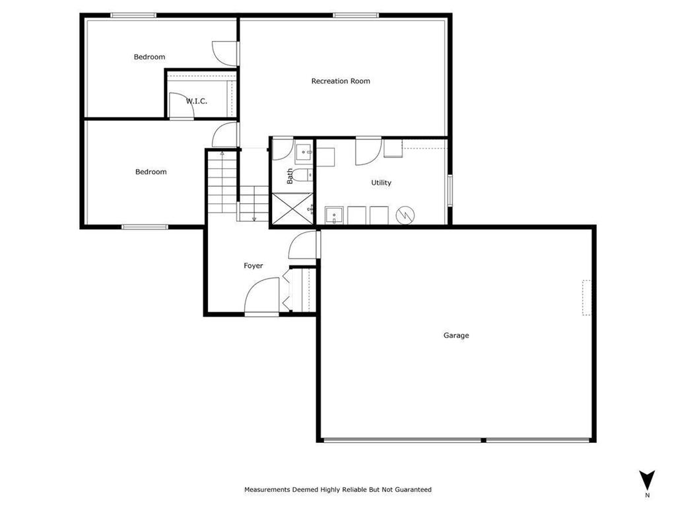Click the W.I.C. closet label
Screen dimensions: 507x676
196,101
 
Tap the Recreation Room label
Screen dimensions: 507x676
341,81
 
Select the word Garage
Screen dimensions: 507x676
456,335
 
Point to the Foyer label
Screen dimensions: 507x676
253,265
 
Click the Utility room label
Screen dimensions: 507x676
381,183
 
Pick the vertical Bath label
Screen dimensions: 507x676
290,176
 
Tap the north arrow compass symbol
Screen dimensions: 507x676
648,481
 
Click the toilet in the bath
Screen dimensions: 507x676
301,176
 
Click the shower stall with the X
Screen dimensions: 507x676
291,207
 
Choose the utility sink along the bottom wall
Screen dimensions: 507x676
334,215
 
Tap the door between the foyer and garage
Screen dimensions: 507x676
304,245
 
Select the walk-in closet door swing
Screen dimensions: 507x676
180,106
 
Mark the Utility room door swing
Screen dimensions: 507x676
367,151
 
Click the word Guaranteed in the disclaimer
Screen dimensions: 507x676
411,490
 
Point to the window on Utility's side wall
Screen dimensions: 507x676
450,190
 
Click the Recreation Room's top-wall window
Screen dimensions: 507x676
355,15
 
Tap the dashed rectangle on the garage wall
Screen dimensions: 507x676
586,298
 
